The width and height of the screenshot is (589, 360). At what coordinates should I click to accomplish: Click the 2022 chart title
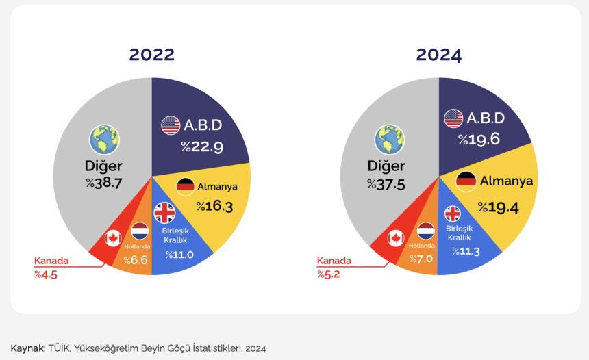pos(151,55)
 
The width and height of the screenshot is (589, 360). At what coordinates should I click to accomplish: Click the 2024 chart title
pos(438,55)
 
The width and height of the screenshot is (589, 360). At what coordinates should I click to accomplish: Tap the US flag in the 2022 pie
pos(171,125)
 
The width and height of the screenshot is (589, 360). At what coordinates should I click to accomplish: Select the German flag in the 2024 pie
pos(466,181)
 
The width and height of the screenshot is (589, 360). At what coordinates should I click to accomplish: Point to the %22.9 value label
pos(201,146)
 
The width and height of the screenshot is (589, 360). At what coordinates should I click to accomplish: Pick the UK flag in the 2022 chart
pos(164,213)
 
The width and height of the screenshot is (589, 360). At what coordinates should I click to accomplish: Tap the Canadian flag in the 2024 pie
pos(395,238)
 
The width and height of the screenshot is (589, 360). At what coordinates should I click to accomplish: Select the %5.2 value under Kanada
pos(329,274)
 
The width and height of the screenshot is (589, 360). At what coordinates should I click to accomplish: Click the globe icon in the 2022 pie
pos(104,139)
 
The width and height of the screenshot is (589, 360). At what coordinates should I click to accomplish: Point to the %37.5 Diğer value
pos(386,185)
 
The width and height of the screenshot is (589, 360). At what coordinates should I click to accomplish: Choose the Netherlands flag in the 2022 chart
pos(140,231)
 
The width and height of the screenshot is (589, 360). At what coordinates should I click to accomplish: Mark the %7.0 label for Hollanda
pos(422,259)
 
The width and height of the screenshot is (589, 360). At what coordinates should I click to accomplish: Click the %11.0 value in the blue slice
pos(179,255)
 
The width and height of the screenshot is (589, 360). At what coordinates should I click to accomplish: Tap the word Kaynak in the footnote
pos(27,348)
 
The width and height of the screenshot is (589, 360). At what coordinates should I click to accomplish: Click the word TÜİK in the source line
pos(59,348)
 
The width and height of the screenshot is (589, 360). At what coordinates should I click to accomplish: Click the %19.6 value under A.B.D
pos(479,140)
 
